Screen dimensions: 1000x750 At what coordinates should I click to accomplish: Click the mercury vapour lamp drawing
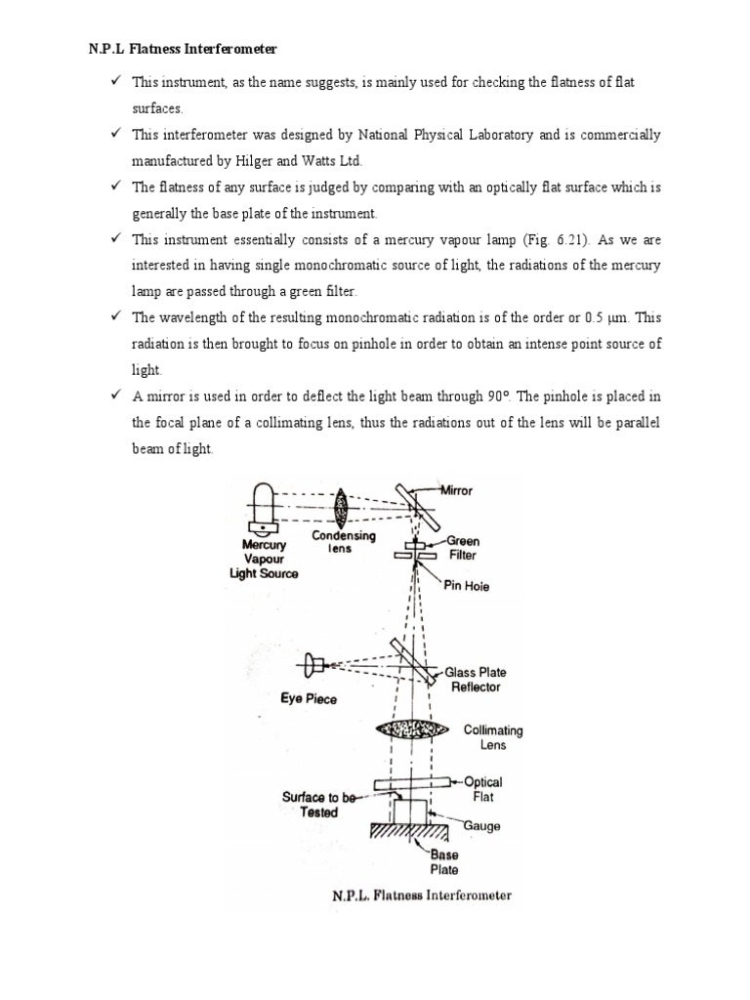(263, 508)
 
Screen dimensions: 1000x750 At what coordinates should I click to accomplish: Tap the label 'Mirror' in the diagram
(454, 491)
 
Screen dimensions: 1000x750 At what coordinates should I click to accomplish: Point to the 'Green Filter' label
(463, 548)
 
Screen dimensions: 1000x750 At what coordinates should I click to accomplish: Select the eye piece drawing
(314, 666)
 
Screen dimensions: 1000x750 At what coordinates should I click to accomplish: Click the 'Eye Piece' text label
(308, 699)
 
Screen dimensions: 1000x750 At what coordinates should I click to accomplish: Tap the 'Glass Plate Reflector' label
(476, 680)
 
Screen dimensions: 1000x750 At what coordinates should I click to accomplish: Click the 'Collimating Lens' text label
(493, 737)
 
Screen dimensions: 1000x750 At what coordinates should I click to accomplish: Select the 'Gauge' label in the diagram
(481, 826)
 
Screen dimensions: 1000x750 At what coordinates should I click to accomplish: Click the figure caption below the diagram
(421, 894)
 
